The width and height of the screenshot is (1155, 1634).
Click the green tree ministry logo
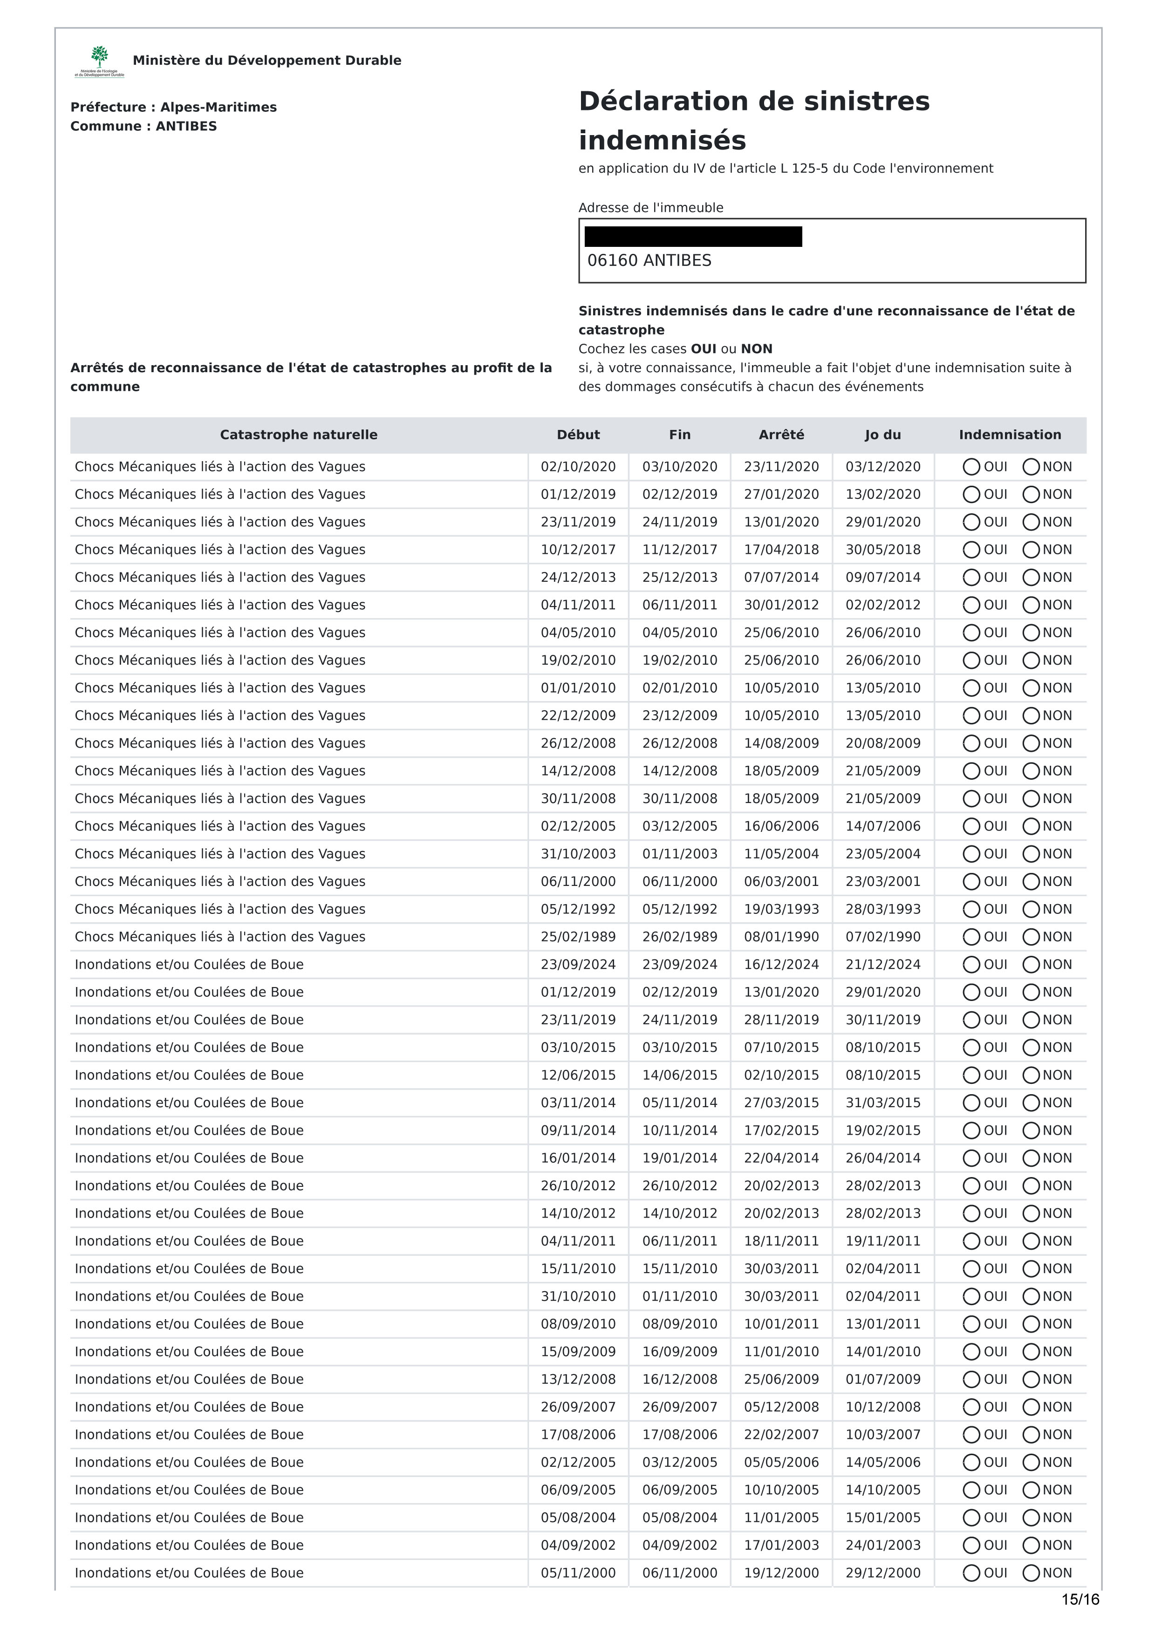point(100,58)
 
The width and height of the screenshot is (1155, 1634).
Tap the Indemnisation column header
point(1009,435)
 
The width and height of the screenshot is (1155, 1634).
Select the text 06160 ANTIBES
point(649,260)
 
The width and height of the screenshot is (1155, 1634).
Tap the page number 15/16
point(1080,1599)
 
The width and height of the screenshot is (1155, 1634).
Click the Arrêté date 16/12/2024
point(781,964)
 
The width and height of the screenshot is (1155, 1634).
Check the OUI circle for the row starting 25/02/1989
point(970,937)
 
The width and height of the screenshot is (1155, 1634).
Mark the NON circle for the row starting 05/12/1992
point(1031,910)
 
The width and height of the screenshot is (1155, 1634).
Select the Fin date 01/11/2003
point(680,854)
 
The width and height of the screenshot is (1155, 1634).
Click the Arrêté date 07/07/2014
point(781,577)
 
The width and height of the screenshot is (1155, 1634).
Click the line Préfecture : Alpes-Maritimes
point(174,108)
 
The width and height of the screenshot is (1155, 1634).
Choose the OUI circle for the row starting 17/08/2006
point(970,1435)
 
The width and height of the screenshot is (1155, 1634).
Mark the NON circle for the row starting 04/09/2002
point(1031,1545)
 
